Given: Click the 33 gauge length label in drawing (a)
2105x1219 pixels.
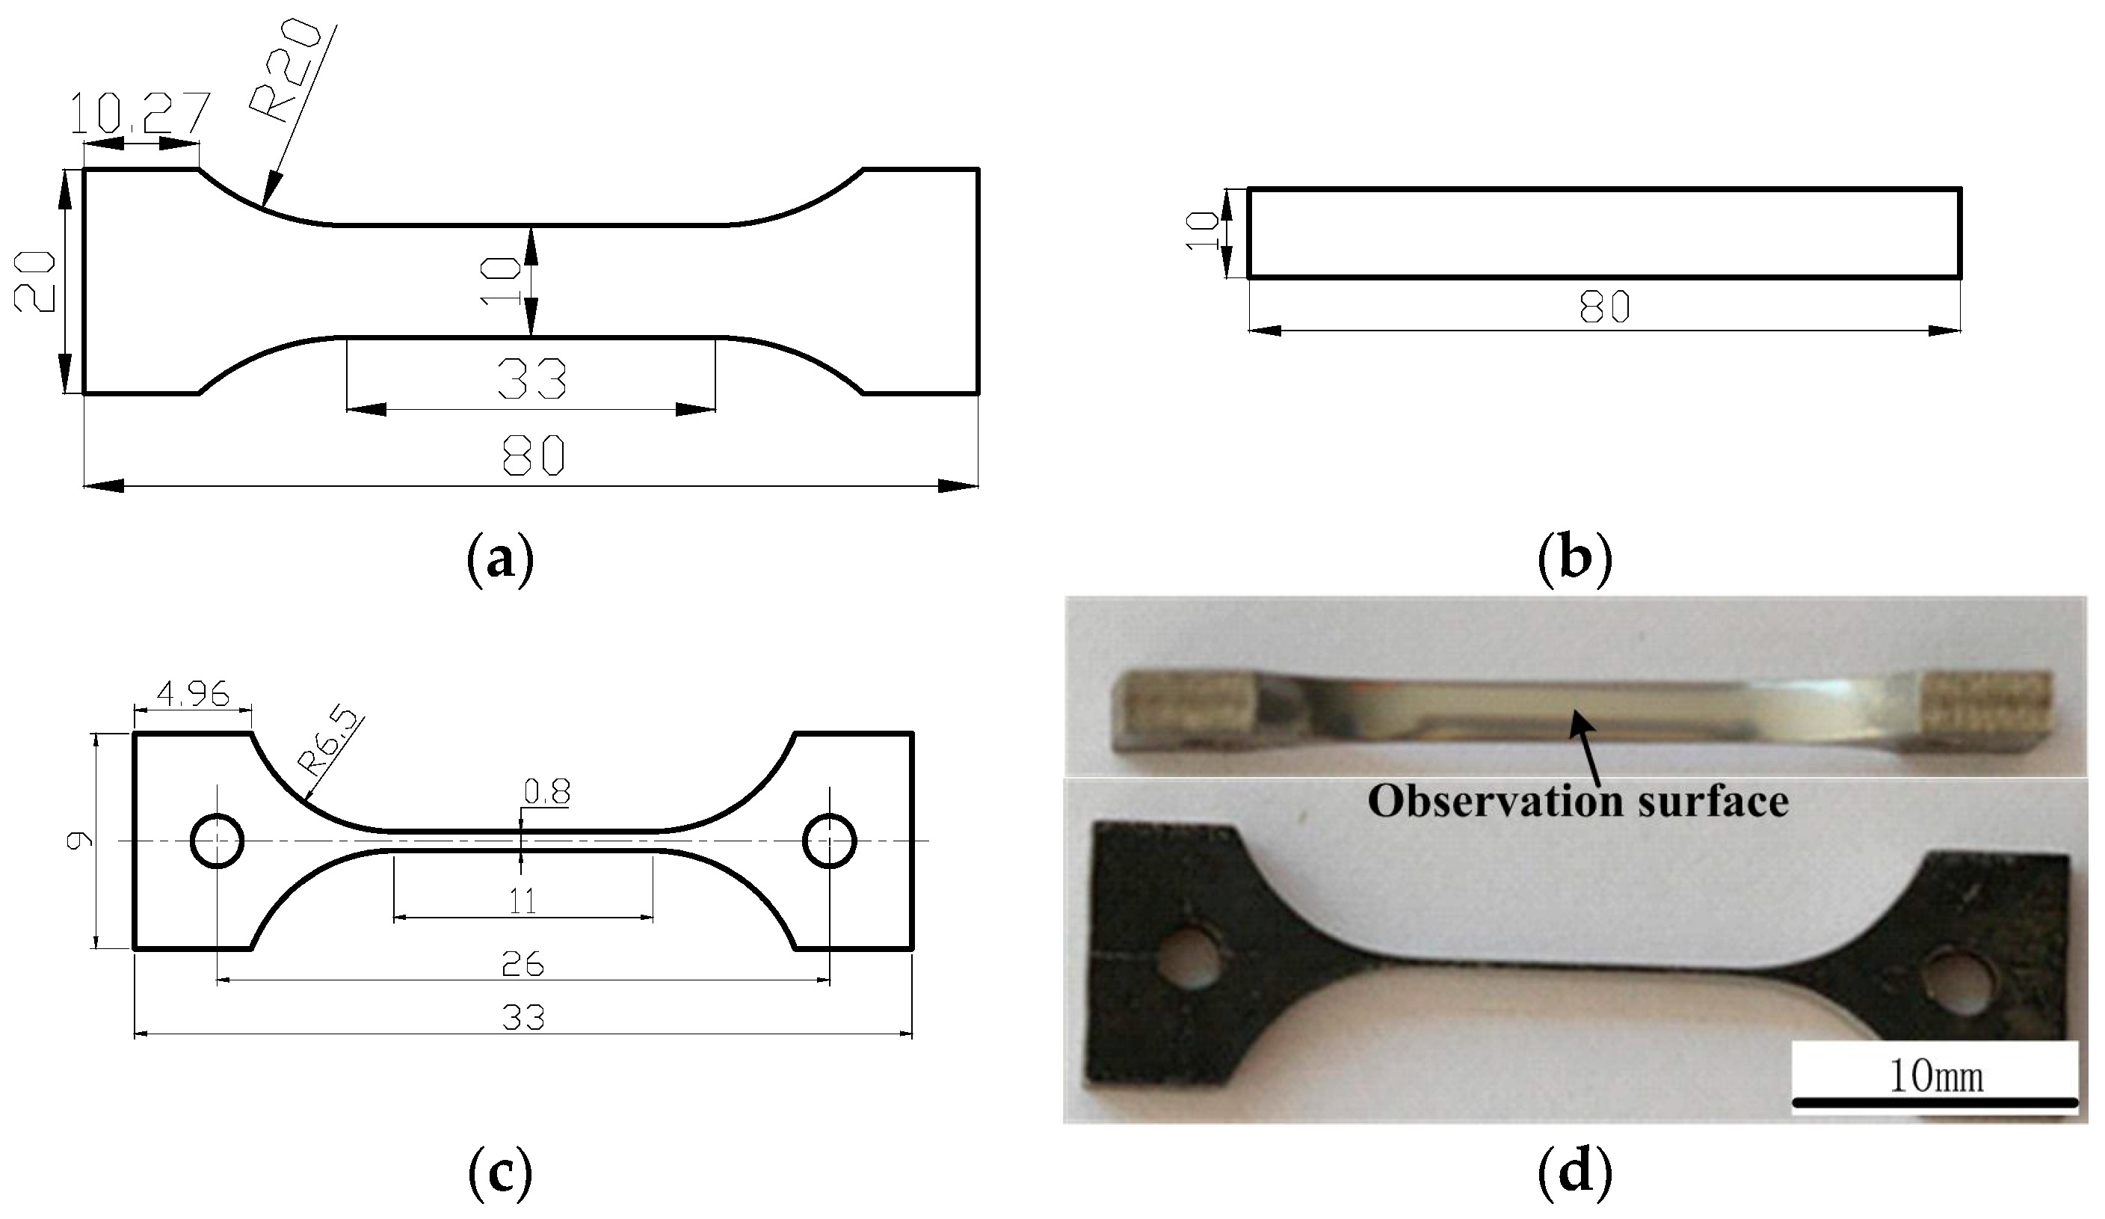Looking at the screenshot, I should click(x=531, y=378).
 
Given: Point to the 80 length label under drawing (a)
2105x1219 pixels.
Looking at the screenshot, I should click(x=533, y=456).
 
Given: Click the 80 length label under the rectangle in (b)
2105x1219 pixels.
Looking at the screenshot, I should click(x=1604, y=307).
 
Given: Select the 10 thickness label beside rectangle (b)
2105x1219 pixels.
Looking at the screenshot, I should click(x=1202, y=230).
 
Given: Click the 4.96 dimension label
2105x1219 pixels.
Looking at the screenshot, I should click(x=193, y=693).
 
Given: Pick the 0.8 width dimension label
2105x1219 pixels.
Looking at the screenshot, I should click(x=547, y=791).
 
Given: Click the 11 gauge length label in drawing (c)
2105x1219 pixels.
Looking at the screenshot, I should click(x=523, y=901).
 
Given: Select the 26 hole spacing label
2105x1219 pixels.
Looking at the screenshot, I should click(x=523, y=965).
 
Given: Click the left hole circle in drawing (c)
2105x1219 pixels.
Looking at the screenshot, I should click(x=218, y=841).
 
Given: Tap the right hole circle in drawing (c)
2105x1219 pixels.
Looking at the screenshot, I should click(x=829, y=841).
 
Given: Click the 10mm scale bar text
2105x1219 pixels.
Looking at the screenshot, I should click(x=1935, y=1077).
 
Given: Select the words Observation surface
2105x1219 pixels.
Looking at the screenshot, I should click(x=1578, y=801).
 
